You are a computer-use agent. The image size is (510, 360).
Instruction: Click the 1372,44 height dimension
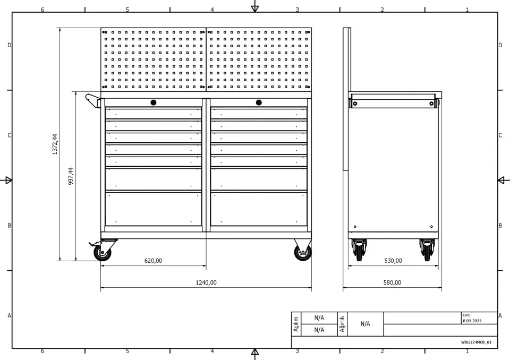click(x=55, y=144)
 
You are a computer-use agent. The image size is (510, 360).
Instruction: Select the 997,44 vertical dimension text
click(x=71, y=176)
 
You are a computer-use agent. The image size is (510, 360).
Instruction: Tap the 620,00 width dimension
click(x=153, y=261)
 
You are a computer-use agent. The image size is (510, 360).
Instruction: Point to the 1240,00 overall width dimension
click(x=206, y=282)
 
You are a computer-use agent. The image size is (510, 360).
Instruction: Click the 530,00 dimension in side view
click(x=393, y=261)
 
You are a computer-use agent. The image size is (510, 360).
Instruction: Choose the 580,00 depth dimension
click(x=392, y=282)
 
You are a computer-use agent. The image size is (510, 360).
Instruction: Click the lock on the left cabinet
click(x=154, y=102)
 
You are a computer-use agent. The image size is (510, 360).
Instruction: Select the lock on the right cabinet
click(x=259, y=102)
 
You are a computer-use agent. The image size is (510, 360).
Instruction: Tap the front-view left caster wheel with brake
click(x=102, y=252)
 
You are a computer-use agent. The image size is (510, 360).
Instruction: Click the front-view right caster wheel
click(x=303, y=252)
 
